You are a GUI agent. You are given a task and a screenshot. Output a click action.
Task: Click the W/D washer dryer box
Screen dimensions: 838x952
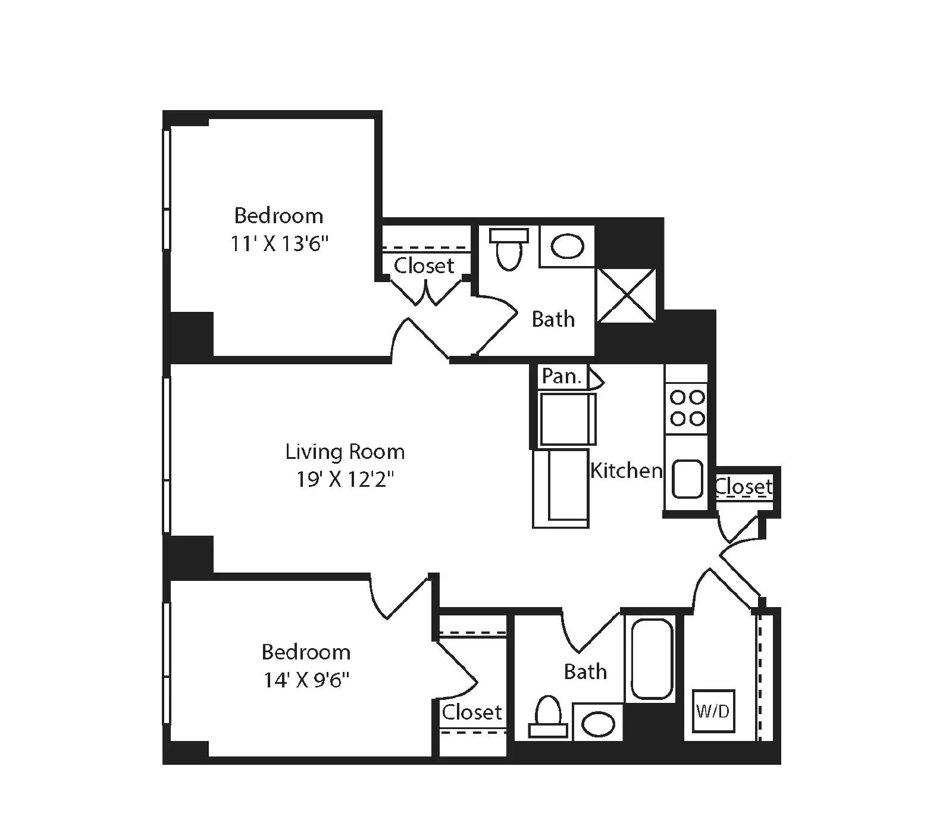tap(713, 711)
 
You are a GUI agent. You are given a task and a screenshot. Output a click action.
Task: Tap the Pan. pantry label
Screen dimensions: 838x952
tap(560, 376)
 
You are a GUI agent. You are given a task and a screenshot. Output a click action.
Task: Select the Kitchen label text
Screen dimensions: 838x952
tap(626, 471)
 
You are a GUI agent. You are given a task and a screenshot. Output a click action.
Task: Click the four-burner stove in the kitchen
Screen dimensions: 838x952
tap(687, 408)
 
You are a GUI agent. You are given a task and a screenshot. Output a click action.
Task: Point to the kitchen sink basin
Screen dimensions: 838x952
tap(687, 479)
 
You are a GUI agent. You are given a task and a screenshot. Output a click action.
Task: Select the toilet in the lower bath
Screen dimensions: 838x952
tap(548, 717)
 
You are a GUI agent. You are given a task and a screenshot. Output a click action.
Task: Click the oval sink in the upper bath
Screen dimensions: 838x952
tap(566, 246)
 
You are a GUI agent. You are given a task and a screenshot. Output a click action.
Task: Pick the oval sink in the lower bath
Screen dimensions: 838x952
tap(597, 724)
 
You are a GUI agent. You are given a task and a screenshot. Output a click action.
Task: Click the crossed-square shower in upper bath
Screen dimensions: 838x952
tap(626, 295)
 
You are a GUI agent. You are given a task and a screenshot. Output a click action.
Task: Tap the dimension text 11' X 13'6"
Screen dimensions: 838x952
tap(279, 243)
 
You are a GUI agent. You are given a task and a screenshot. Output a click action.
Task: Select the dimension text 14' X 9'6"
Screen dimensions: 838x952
tap(306, 680)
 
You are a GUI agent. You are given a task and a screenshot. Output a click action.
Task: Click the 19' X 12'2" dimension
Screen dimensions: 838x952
tap(345, 479)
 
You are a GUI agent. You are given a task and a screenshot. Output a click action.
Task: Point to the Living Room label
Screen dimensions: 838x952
tap(345, 452)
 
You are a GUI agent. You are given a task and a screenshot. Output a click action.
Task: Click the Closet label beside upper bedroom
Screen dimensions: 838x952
tap(424, 265)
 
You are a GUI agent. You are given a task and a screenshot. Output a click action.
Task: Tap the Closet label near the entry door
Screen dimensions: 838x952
tap(744, 487)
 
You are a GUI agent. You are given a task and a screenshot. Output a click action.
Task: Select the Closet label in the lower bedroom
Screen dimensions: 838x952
tap(472, 712)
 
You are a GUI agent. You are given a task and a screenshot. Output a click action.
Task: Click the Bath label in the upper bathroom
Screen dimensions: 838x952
tap(553, 319)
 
